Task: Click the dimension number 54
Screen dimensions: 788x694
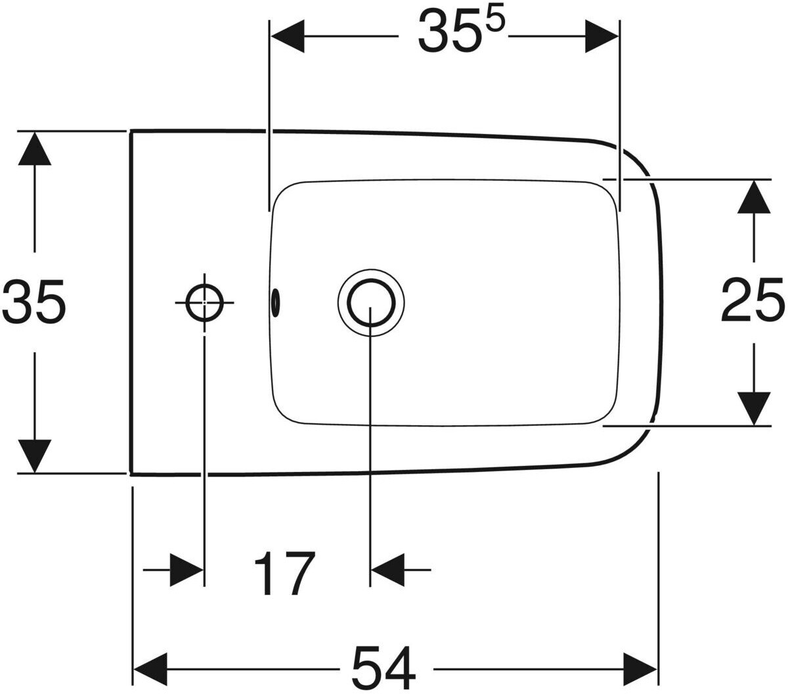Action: (385, 668)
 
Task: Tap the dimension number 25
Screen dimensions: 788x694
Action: (753, 300)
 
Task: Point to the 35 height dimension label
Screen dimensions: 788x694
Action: (34, 301)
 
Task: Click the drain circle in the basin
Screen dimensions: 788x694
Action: (371, 302)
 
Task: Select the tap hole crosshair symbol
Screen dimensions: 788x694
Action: (204, 302)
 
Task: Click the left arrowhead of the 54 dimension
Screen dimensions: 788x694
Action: (151, 670)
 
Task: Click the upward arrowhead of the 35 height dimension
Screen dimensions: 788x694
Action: (35, 149)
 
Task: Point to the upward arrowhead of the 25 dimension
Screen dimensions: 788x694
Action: (753, 197)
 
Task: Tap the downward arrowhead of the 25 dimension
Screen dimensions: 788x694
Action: (753, 408)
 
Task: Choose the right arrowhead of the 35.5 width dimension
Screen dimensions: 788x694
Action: (602, 37)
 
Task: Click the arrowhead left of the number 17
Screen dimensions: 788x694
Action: (186, 570)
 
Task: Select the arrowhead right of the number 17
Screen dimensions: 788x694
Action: (388, 570)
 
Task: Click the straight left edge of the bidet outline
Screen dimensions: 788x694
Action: (132, 301)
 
